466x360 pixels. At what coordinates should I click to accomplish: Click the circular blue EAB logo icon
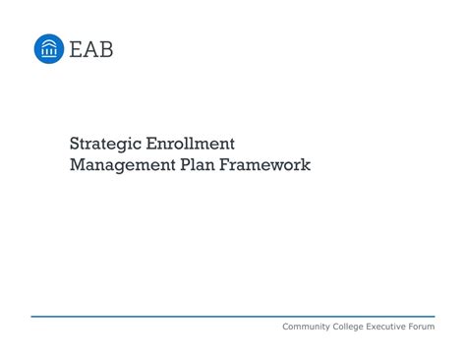pyautogui.click(x=49, y=48)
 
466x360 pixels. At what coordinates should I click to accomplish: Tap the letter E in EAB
pyautogui.click(x=77, y=49)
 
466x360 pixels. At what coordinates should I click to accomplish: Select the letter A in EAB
pyautogui.click(x=90, y=49)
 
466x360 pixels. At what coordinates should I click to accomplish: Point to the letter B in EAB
pyautogui.click(x=105, y=49)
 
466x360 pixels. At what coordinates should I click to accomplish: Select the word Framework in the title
pyautogui.click(x=268, y=165)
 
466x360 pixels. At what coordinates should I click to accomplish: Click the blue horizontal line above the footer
pyautogui.click(x=233, y=317)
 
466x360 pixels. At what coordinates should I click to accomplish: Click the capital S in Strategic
pyautogui.click(x=75, y=145)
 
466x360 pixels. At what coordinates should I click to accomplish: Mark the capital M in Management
pyautogui.click(x=77, y=165)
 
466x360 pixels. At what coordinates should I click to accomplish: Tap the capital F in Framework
pyautogui.click(x=232, y=165)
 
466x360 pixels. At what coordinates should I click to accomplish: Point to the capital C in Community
pyautogui.click(x=286, y=327)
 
